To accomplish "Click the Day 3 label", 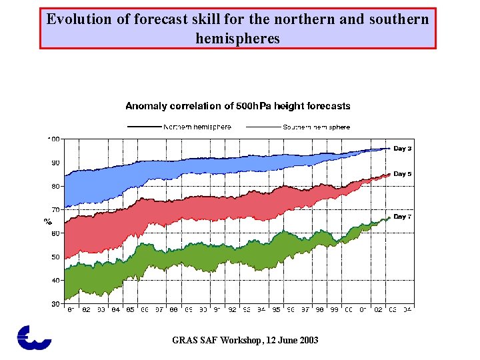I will (402, 148).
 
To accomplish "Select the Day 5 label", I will (402, 173).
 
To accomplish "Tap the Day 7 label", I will (402, 217).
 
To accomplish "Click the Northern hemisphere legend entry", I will (197, 127).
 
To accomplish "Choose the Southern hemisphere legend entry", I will (317, 127).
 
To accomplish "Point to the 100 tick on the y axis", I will (53, 139).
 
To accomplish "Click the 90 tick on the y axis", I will (55, 163).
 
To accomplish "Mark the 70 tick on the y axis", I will (55, 209).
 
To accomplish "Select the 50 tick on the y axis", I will (55, 257).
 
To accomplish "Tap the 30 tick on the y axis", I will (55, 303).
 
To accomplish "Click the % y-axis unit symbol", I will (48, 220).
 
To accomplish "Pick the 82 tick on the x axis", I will (86, 310).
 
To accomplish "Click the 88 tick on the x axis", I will (173, 310).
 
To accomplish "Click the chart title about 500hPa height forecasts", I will (238, 106).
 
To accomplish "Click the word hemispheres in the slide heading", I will (238, 39).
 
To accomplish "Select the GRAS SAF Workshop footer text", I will (245, 340).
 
